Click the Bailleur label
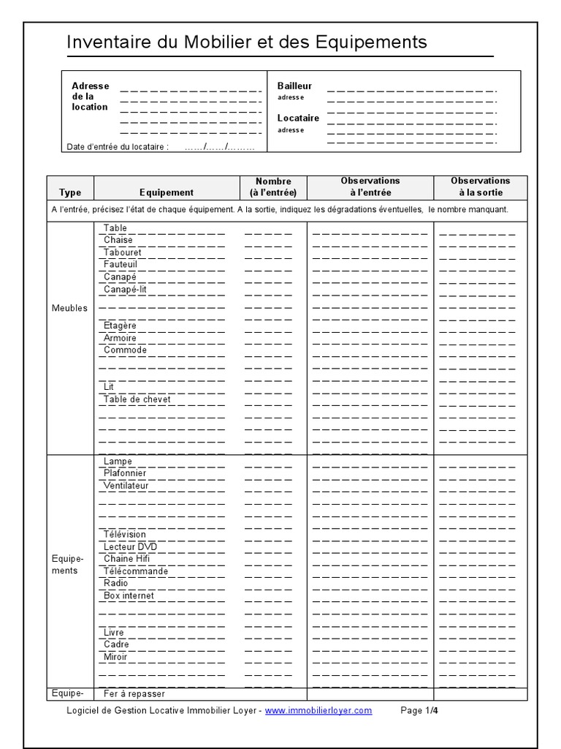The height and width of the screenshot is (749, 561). tap(294, 86)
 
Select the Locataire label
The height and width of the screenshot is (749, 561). tap(298, 118)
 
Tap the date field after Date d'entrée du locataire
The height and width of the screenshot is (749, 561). tap(219, 146)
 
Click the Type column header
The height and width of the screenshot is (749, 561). tap(70, 192)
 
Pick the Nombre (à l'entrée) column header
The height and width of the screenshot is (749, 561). tap(273, 187)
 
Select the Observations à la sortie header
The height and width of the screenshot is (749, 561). tap(480, 187)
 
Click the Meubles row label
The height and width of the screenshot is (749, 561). tap(69, 308)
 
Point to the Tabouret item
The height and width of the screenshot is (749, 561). tap(122, 252)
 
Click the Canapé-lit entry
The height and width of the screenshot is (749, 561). tap(125, 289)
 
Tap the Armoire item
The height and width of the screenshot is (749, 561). tap(120, 338)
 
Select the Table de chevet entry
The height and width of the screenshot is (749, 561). tap(137, 399)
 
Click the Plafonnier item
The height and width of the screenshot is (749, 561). tap(125, 473)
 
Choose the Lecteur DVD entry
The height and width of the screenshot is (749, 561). tap(130, 546)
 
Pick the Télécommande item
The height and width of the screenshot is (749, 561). tap(135, 571)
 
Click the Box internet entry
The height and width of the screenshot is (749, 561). tap(129, 595)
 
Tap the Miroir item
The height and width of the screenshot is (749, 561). tap(115, 657)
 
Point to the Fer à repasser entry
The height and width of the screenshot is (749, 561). tap(134, 693)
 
